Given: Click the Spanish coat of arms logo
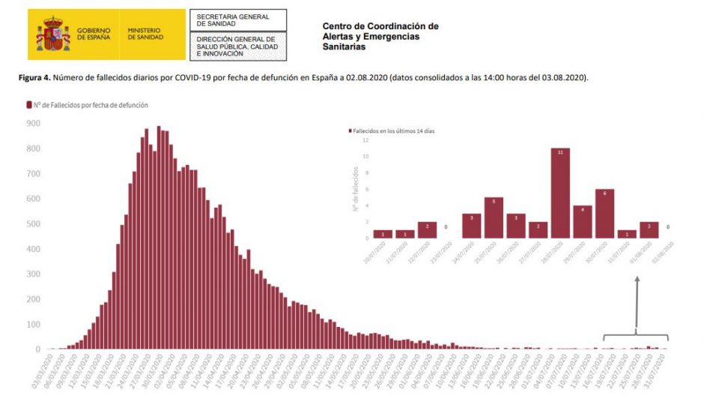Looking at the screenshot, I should (x=53, y=34).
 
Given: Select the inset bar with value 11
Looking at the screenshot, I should (x=560, y=193).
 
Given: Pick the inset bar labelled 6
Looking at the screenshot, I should (x=604, y=214).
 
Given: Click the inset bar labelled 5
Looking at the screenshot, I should (x=494, y=217).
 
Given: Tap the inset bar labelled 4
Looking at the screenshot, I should (x=583, y=222).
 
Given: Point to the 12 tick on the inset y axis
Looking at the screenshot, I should (x=365, y=140).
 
